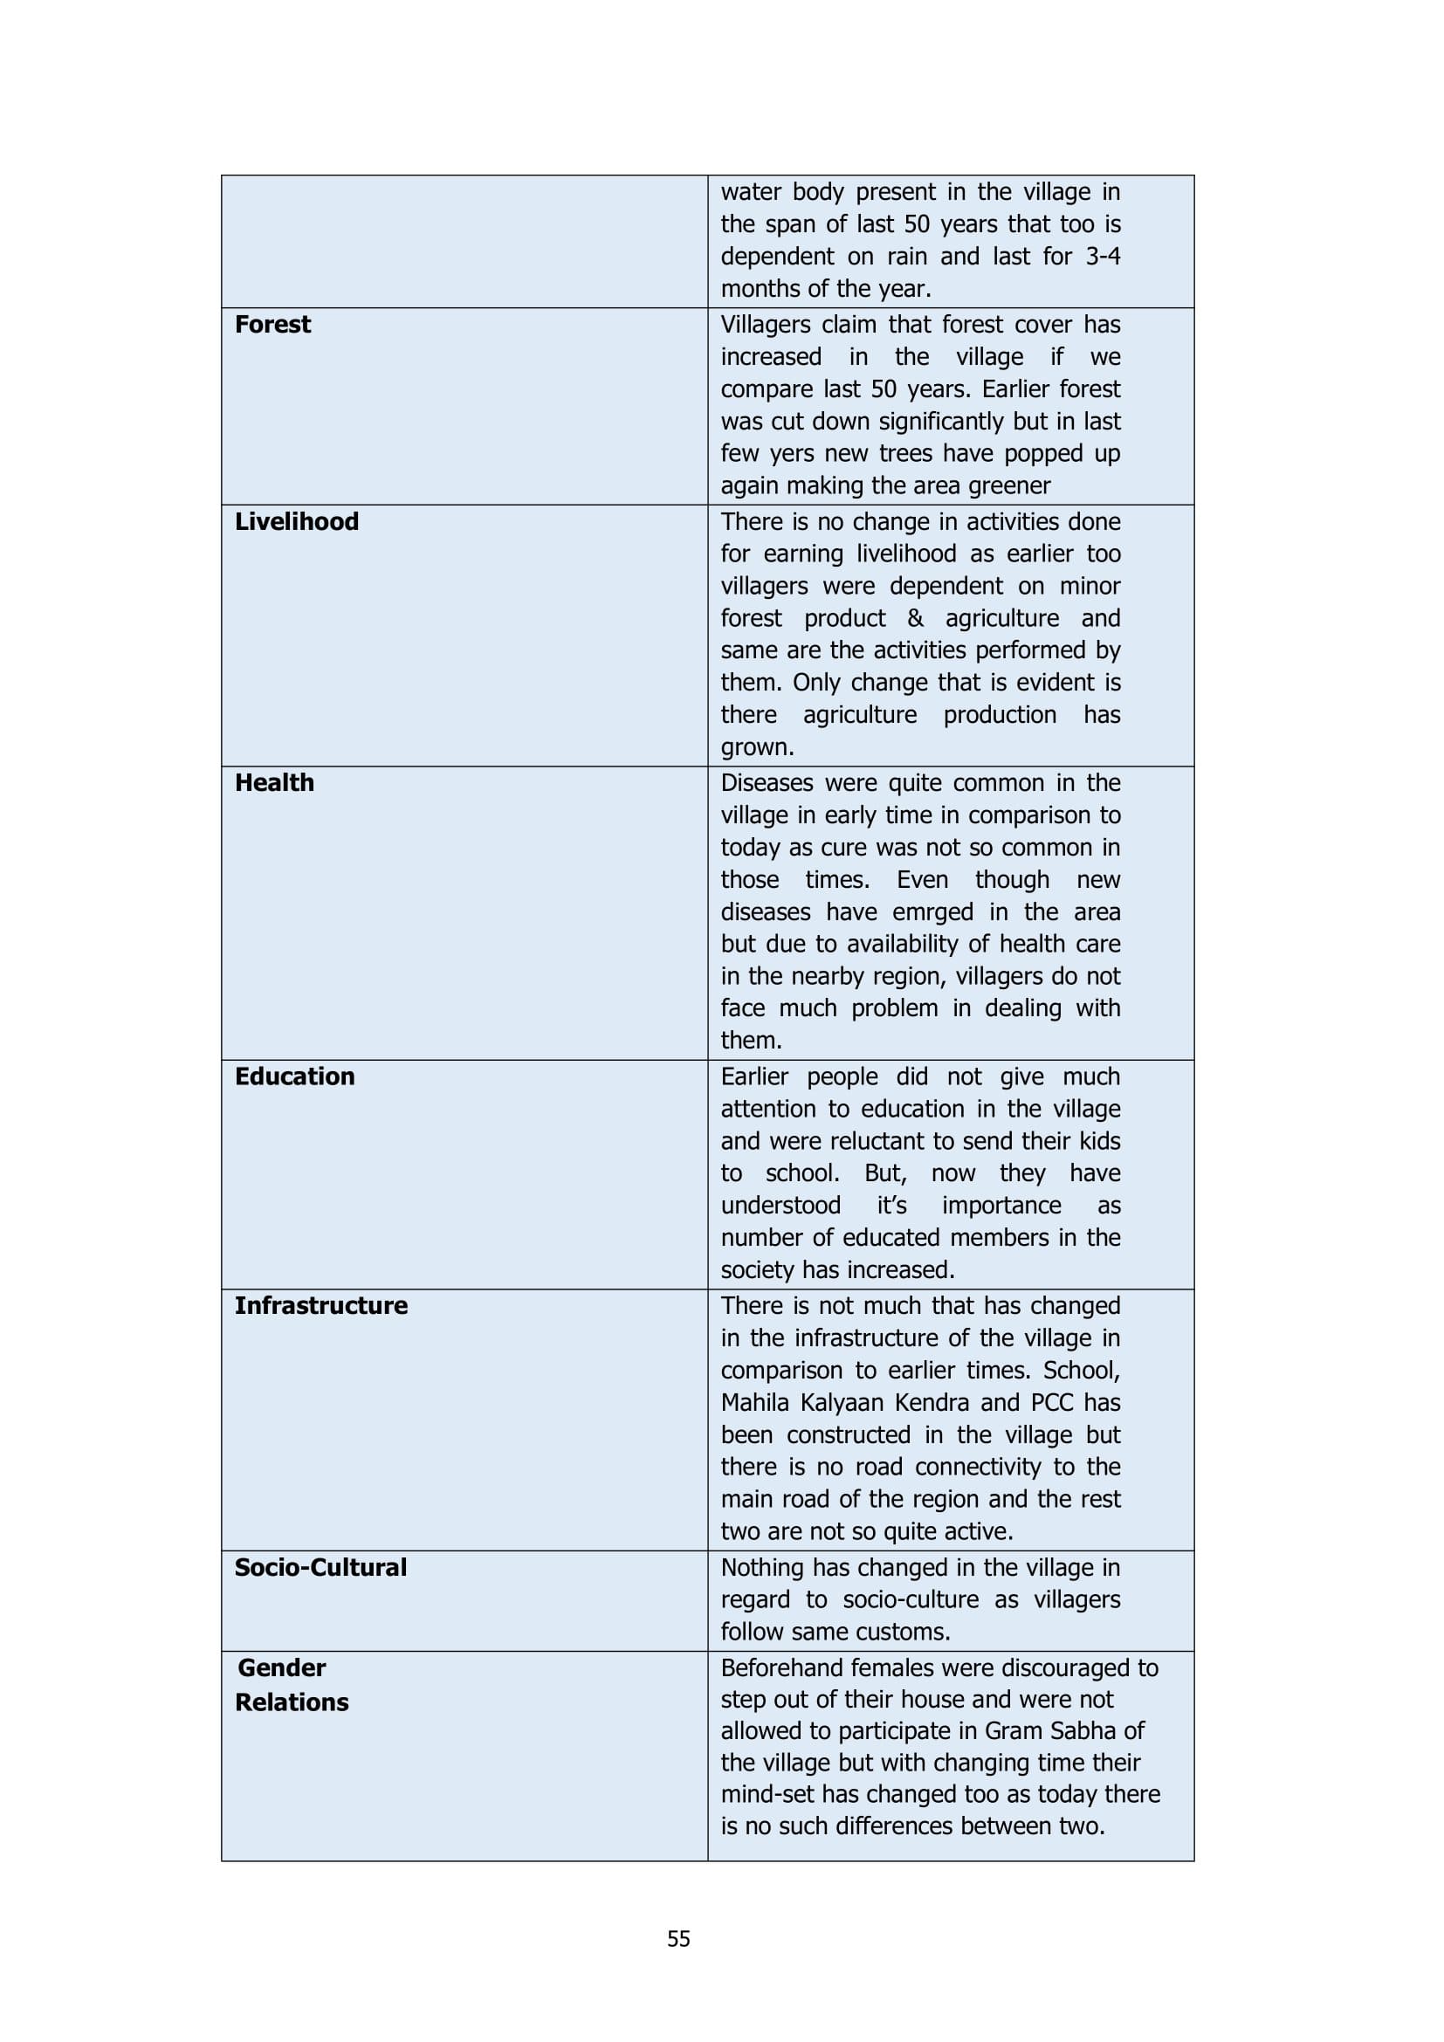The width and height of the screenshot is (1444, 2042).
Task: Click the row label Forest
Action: [x=272, y=325]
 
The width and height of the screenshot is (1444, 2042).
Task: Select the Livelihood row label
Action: [x=296, y=521]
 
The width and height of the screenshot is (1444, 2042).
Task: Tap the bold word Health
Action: [x=274, y=782]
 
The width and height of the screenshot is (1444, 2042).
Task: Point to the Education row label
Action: [x=294, y=1076]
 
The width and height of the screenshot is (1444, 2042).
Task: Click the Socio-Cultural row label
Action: [x=320, y=1567]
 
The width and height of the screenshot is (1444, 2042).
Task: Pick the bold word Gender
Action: [x=281, y=1667]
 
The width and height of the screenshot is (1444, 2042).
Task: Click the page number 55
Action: [x=678, y=1939]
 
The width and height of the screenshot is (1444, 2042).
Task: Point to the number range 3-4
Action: [x=1103, y=256]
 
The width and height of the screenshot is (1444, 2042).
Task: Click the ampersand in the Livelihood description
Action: [x=915, y=618]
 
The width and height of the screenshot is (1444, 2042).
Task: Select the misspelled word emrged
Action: [x=932, y=911]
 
